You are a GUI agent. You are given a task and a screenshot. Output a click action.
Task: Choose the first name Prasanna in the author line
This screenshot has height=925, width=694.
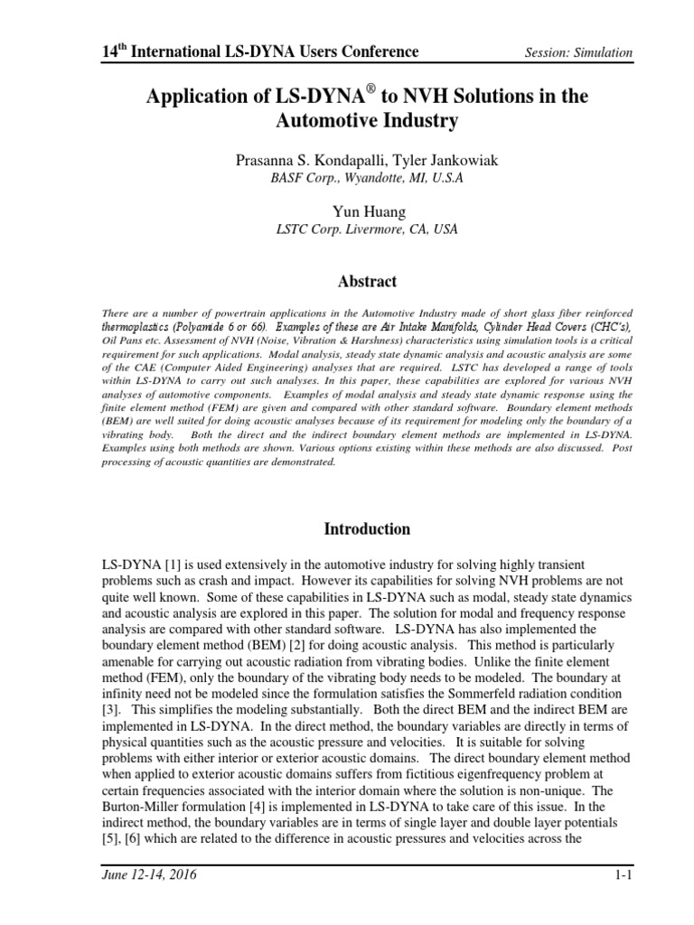click(x=264, y=160)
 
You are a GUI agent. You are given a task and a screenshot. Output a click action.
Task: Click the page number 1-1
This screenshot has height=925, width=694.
click(x=623, y=875)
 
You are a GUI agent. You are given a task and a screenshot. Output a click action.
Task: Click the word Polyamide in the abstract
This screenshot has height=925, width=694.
click(x=218, y=325)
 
